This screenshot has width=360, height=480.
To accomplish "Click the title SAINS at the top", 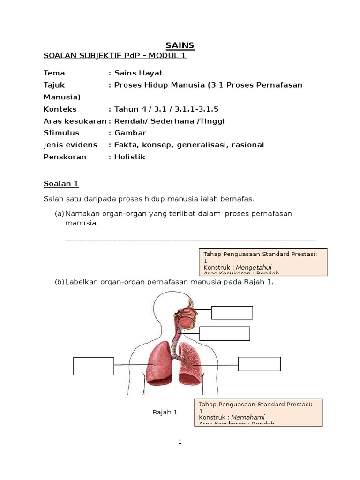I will [180, 45].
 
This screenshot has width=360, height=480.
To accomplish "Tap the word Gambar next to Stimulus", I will [130, 133].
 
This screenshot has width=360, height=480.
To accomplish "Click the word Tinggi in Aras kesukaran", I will [211, 121].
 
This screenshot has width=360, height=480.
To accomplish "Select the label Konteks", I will [60, 109].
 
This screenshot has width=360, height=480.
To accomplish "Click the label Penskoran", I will [65, 157].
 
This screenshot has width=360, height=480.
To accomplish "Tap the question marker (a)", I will [60, 213].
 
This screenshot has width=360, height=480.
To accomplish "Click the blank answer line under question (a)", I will [190, 240].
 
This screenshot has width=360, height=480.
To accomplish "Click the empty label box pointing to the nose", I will [232, 312].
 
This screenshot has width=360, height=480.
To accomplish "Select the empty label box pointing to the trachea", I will [225, 333].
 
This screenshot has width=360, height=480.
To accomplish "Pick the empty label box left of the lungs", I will [94, 366].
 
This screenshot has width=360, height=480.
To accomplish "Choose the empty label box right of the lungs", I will [259, 364].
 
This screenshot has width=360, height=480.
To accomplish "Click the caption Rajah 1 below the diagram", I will [165, 412].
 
